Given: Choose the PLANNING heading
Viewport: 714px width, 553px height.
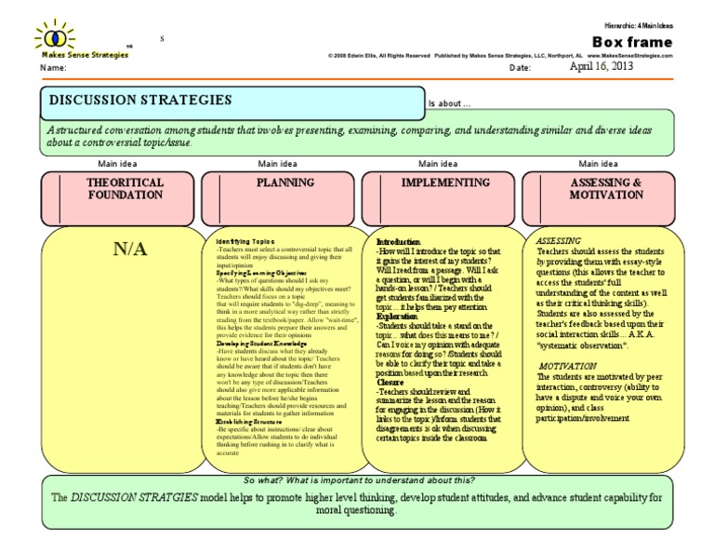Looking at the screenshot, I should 286,183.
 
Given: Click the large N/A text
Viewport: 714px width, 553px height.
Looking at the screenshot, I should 130,250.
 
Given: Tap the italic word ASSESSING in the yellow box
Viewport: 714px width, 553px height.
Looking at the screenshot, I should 561,240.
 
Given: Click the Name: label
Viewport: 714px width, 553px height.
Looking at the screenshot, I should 54,68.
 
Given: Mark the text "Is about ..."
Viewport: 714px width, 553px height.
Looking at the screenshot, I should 449,103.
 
